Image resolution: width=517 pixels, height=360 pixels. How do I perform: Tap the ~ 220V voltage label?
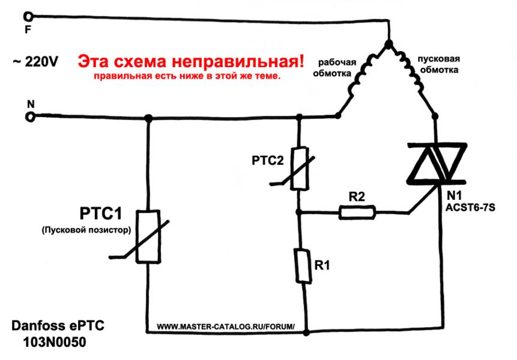35,61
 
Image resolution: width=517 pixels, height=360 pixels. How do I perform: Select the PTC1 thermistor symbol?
148,236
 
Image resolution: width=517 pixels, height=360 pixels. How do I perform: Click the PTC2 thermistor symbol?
298,169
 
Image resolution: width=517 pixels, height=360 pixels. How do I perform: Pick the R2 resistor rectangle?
358,211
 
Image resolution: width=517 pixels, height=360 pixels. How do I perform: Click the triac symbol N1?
438,162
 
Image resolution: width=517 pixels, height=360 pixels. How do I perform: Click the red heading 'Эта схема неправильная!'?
192,61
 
